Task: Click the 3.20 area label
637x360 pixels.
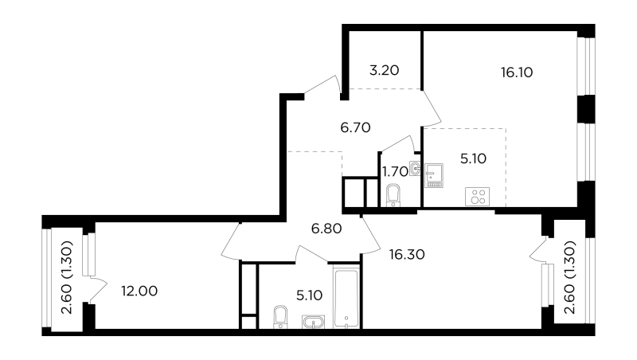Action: (384, 70)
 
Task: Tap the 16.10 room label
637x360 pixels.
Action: (517, 72)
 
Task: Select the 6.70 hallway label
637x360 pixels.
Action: (355, 127)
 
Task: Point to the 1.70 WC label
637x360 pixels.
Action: (395, 172)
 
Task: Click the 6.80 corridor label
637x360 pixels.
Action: (326, 229)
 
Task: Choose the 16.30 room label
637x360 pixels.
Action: (407, 255)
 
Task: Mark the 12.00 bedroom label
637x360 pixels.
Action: (139, 292)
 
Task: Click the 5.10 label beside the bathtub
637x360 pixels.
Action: (310, 295)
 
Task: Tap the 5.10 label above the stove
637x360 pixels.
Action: (473, 158)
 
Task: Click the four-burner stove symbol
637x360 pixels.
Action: (477, 197)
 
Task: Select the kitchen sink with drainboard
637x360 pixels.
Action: (434, 175)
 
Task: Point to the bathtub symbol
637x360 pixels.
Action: (346, 297)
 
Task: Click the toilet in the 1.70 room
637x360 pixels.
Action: (393, 195)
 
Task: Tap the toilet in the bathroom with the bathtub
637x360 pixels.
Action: (280, 317)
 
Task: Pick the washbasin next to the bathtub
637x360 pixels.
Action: (313, 322)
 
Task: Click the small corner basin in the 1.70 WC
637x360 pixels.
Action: (415, 168)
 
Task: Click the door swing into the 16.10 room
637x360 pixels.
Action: (432, 108)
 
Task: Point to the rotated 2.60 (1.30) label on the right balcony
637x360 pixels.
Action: (570, 277)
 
